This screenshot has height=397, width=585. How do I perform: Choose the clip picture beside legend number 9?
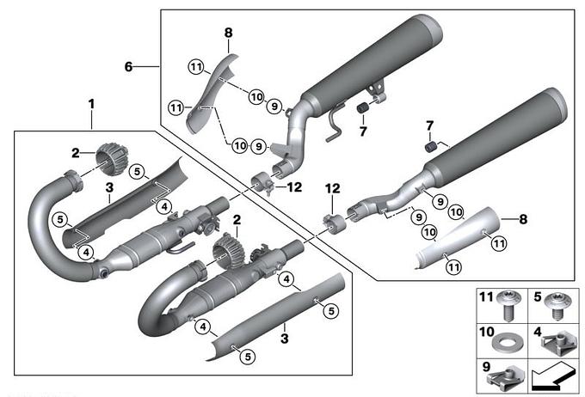coord(505,376)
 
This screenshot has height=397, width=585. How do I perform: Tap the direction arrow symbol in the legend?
coord(553,374)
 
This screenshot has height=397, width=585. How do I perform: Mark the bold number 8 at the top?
coord(229,34)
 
